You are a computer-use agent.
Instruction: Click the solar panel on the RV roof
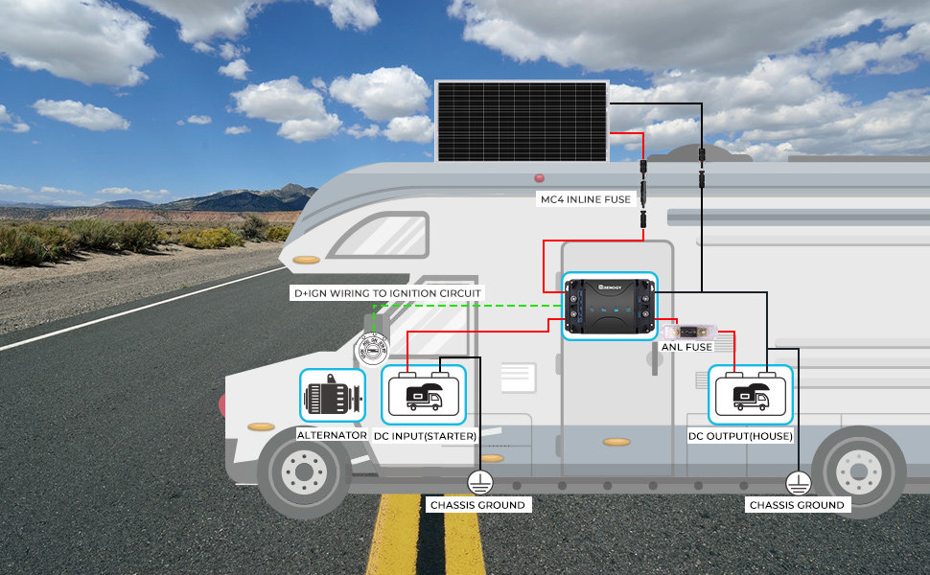click(x=522, y=121)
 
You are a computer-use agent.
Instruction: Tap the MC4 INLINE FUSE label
click(x=586, y=199)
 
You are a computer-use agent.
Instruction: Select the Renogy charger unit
click(x=610, y=306)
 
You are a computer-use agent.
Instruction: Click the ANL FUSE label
click(x=686, y=347)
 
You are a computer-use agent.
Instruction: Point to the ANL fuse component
click(x=689, y=332)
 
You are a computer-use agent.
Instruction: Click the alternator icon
click(x=332, y=396)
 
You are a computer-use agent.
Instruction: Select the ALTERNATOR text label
click(x=332, y=435)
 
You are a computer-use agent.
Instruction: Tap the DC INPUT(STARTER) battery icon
click(x=424, y=395)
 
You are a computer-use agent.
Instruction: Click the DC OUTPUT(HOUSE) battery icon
click(x=751, y=395)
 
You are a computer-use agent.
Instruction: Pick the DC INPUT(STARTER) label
click(x=426, y=436)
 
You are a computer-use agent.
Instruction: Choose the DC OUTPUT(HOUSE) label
click(x=740, y=436)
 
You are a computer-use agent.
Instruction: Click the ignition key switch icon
click(x=373, y=349)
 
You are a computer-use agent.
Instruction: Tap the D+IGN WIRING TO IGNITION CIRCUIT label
click(x=388, y=293)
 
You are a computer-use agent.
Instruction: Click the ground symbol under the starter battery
click(x=479, y=483)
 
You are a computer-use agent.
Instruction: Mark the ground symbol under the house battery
click(x=799, y=483)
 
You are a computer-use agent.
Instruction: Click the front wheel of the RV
click(x=304, y=471)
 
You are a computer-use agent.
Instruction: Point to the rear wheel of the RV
click(x=859, y=471)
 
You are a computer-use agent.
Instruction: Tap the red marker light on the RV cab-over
click(x=539, y=178)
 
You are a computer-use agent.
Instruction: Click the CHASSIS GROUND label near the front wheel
click(x=478, y=505)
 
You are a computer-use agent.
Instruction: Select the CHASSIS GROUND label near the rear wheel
click(x=797, y=505)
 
